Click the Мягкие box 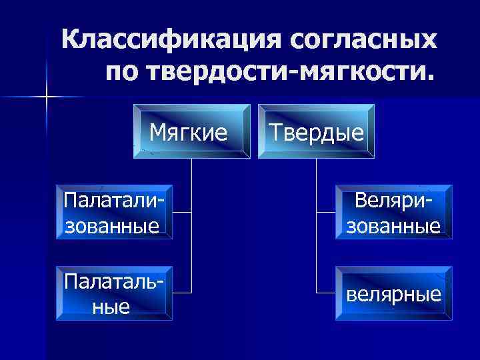(192, 131)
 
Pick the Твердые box (317, 131)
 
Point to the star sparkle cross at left (47, 97)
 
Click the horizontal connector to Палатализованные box (182, 212)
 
